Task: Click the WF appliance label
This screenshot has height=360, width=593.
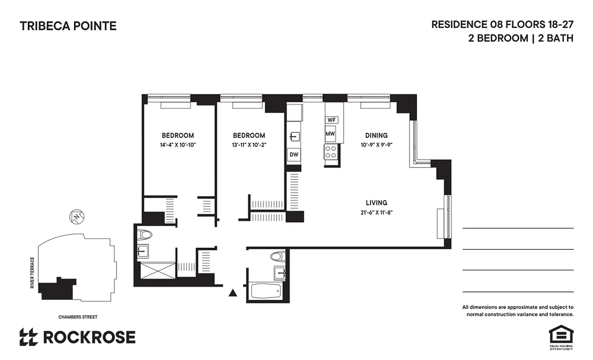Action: (332, 120)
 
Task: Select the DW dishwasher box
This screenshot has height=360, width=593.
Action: (294, 155)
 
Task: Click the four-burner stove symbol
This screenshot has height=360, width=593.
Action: (331, 152)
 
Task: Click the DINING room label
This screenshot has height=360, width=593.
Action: (376, 135)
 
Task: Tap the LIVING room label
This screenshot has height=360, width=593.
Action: (376, 202)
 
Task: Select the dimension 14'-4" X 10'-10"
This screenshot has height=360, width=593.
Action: (178, 145)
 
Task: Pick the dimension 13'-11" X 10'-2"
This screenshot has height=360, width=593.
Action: (248, 145)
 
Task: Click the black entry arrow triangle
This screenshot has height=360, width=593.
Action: (233, 293)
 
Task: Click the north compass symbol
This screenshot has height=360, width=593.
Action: (77, 217)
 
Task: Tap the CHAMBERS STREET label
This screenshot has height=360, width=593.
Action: (78, 317)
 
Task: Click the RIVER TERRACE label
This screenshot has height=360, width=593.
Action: (32, 273)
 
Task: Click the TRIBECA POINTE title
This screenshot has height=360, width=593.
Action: (68, 26)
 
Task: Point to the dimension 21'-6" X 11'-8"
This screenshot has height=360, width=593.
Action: (376, 212)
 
